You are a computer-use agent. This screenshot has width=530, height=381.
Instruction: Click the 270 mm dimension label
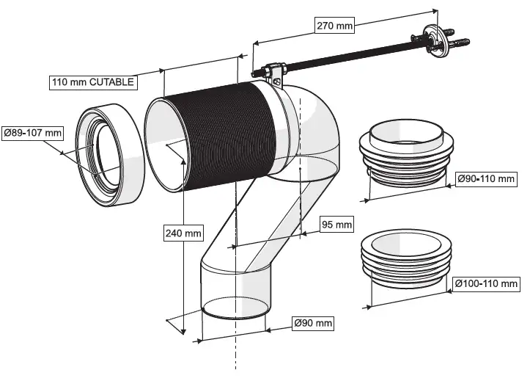click(x=335, y=25)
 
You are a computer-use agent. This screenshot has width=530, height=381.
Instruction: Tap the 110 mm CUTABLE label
click(x=92, y=81)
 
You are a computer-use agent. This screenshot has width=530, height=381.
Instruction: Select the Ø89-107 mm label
click(x=32, y=134)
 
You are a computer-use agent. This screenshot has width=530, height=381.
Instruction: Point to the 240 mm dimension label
click(x=183, y=233)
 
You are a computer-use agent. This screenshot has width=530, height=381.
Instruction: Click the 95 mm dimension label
click(x=337, y=225)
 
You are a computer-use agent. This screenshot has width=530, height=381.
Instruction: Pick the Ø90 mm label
click(x=313, y=323)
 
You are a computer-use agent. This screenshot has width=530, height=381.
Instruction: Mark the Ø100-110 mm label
click(x=485, y=283)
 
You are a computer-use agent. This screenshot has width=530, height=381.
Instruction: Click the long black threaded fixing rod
click(x=345, y=57)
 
